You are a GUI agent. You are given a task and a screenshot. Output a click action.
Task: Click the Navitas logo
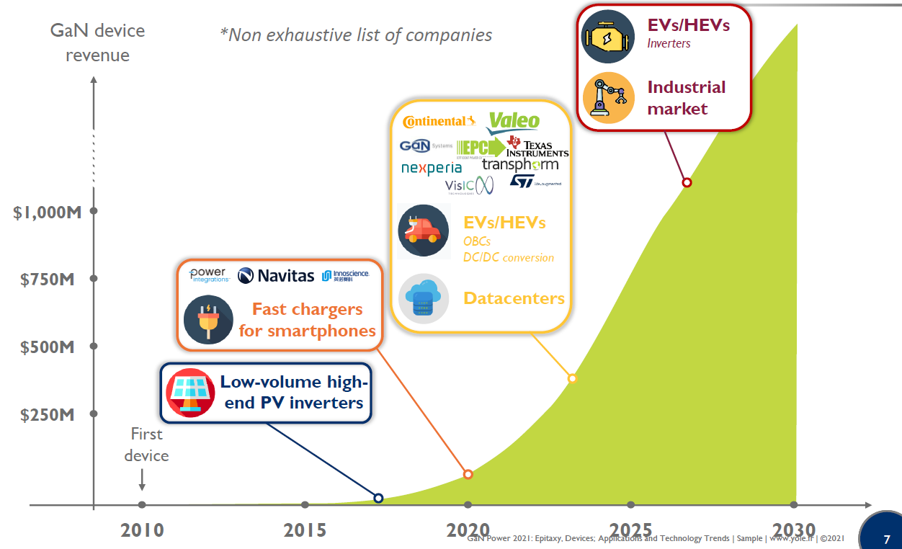click(x=276, y=275)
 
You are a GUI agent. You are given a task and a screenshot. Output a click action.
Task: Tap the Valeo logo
click(x=513, y=122)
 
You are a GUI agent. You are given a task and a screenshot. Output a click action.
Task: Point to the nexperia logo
click(x=432, y=168)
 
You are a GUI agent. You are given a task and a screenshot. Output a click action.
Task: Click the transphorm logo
click(x=520, y=165)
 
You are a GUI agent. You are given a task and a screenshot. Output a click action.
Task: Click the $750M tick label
click(x=48, y=280)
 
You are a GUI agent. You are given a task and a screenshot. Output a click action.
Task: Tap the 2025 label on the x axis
click(x=630, y=530)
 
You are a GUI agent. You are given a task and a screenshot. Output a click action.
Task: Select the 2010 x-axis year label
click(x=142, y=530)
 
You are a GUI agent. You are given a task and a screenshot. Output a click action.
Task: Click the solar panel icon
click(x=190, y=392)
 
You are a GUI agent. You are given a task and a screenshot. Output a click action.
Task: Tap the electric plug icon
click(x=208, y=319)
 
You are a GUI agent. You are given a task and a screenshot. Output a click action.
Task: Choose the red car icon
click(x=423, y=231)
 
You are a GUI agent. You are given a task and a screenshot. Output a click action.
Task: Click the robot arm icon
click(x=609, y=97)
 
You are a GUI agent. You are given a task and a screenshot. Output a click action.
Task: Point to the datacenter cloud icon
click(x=424, y=298)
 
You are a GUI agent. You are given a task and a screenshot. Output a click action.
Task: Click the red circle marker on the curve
click(x=687, y=182)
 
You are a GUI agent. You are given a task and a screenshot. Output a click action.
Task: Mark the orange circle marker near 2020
click(x=468, y=474)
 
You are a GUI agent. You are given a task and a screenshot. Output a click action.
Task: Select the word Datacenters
click(x=514, y=298)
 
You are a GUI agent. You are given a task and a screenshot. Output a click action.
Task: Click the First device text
click(x=146, y=445)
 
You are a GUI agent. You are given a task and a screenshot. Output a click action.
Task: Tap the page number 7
click(x=886, y=539)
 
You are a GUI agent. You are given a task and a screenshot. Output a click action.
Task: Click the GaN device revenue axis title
click(x=97, y=43)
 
